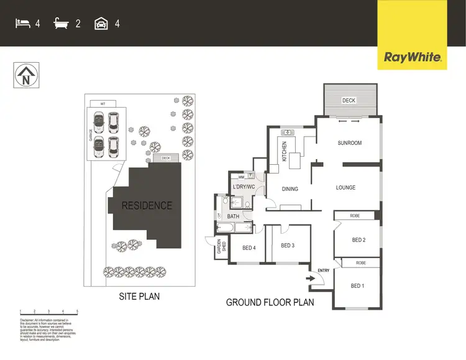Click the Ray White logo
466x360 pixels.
click(413, 58)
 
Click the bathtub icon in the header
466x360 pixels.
click(61, 24)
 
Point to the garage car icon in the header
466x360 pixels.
click(101, 24)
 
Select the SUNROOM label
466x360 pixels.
click(349, 143)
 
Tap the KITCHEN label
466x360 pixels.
click(285, 152)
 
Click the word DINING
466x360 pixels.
click(290, 189)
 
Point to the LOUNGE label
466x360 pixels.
click(345, 187)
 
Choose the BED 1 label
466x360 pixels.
click(357, 286)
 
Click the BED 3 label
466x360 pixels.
click(287, 246)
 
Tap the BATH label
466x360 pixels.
click(233, 216)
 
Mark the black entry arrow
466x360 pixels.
click(310, 279)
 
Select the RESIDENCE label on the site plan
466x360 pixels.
click(147, 205)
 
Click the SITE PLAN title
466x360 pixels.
click(139, 297)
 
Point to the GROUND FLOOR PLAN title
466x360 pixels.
click(270, 303)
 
